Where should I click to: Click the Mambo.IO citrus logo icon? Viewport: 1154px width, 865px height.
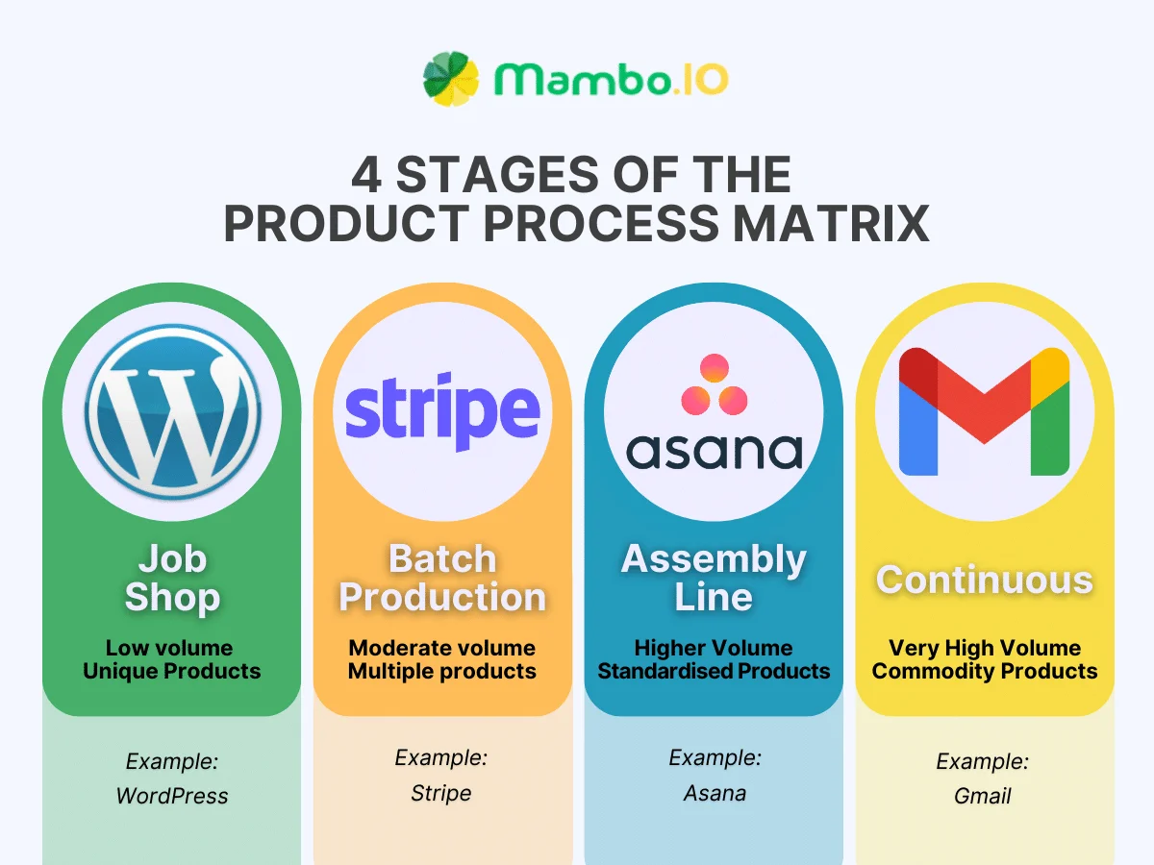tap(450, 79)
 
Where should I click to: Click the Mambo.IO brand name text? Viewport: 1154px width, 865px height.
tap(611, 80)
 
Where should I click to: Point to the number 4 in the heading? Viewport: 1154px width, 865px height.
tap(366, 175)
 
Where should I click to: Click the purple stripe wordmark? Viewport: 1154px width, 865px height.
tap(442, 411)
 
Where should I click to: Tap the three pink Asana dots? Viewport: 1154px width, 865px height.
tap(714, 385)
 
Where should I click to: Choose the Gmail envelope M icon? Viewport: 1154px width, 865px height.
tap(984, 411)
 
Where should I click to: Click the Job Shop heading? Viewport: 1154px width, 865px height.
tap(172, 578)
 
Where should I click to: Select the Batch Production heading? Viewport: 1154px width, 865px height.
tap(442, 578)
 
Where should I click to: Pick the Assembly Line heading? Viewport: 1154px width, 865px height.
tap(714, 578)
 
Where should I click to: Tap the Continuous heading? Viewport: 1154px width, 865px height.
tap(984, 580)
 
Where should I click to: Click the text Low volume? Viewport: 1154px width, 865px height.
tap(169, 648)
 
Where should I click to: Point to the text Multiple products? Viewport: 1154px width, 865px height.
tap(442, 671)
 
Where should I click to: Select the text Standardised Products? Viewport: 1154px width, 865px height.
tap(714, 671)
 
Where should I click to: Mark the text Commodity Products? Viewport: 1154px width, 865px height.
tap(984, 671)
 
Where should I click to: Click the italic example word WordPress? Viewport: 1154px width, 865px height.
tap(172, 796)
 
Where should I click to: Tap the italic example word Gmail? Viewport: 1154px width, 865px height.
tap(983, 796)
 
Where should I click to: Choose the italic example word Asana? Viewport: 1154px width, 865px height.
tap(715, 793)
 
